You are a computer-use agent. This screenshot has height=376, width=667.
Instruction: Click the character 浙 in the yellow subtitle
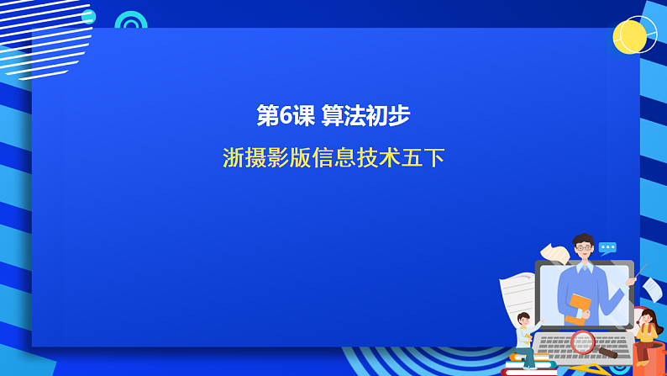[x=233, y=157]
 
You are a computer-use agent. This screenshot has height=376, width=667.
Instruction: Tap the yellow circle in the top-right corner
[x=629, y=37]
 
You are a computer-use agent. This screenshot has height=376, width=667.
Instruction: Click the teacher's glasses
[x=583, y=249]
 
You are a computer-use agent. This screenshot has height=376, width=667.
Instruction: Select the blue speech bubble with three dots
[x=607, y=247]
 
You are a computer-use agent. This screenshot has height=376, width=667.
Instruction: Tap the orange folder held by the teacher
[x=578, y=308]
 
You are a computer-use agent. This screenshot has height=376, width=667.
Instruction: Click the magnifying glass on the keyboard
[x=583, y=342]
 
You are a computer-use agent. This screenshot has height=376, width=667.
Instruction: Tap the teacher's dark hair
[x=583, y=239]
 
